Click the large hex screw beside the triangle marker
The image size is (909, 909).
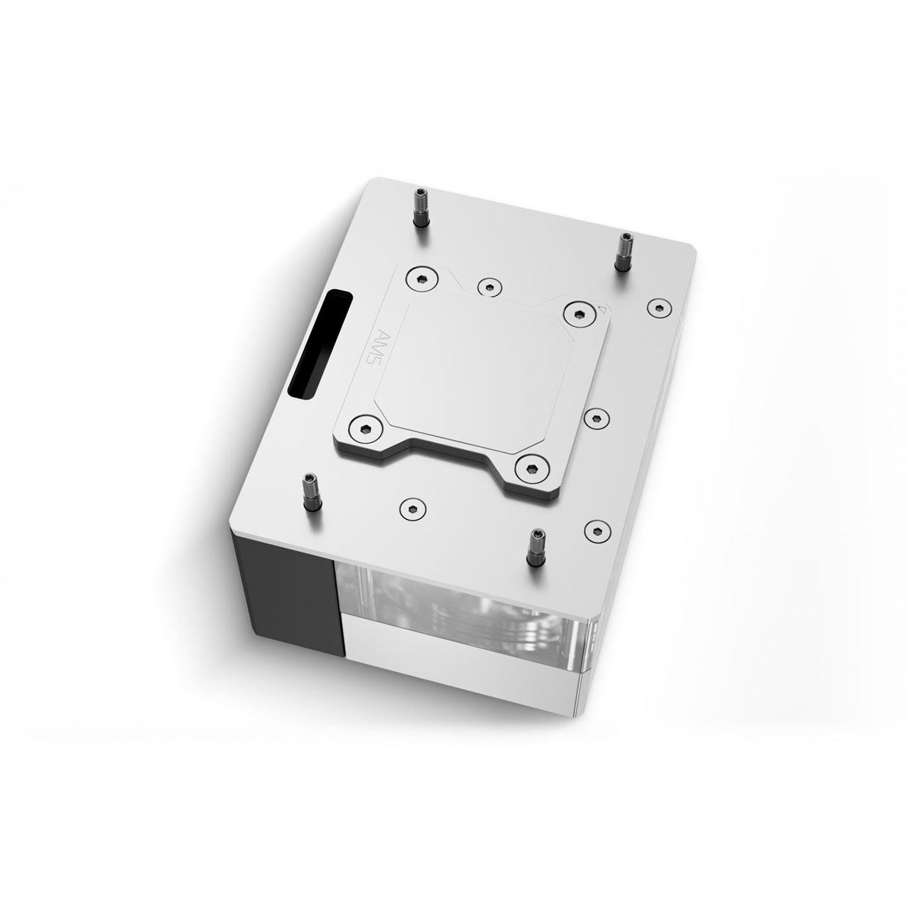575,313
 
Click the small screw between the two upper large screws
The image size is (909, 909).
488,285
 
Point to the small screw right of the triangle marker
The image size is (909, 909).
658,307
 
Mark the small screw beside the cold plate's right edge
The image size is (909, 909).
596,418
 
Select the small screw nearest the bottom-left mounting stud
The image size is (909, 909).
409,506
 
